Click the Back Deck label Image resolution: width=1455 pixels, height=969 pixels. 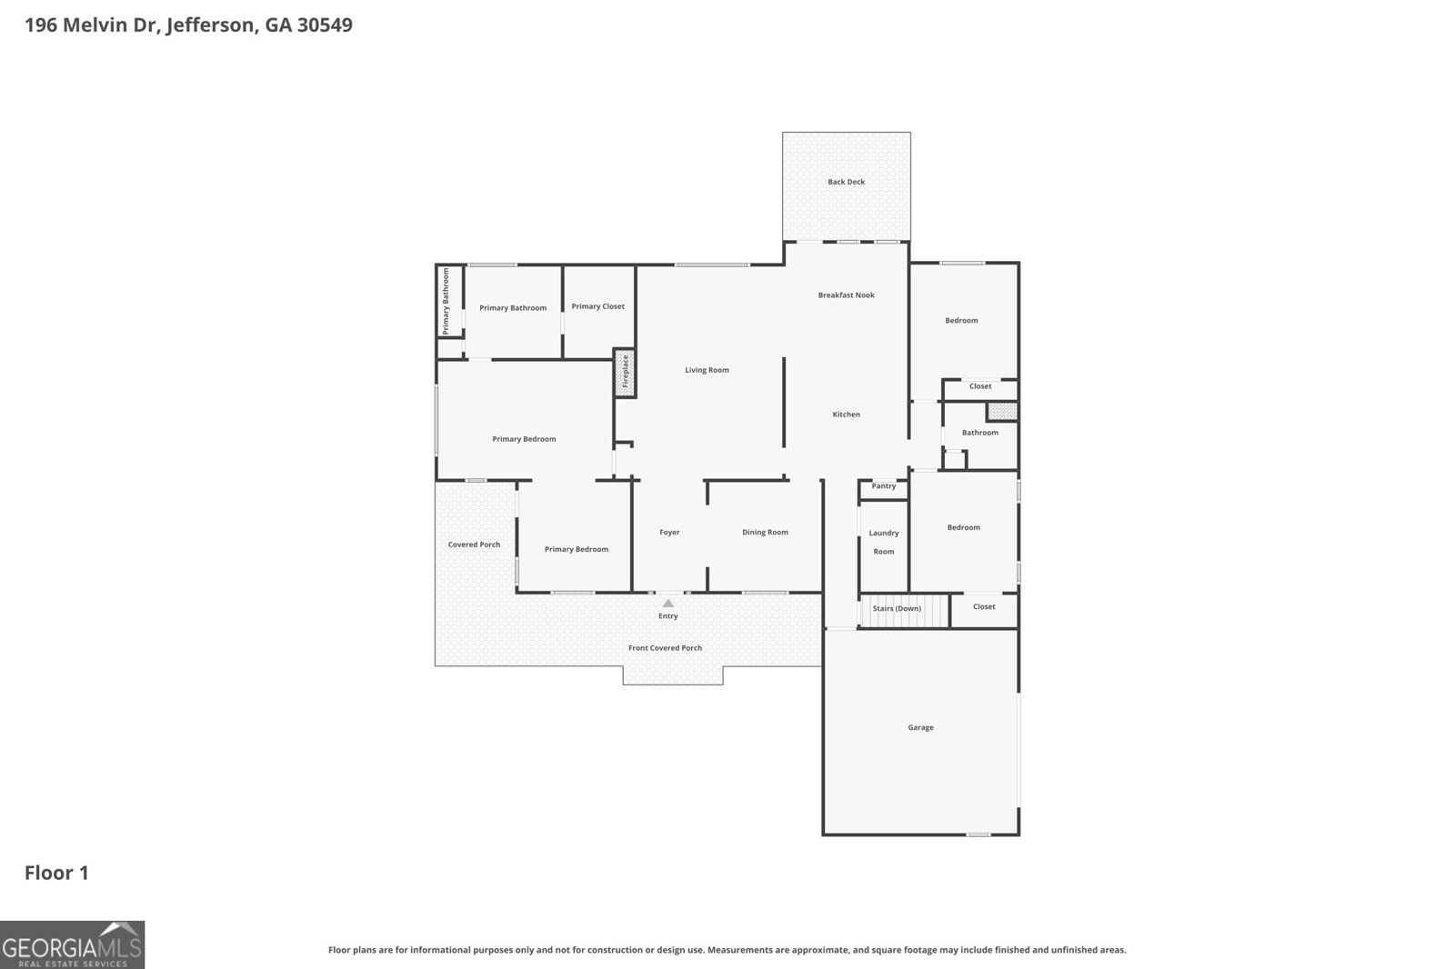coord(846,182)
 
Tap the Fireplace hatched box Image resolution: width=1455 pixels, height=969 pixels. coord(625,373)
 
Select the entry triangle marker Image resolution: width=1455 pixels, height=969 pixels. coord(668,603)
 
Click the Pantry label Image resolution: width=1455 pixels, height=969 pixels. coord(884,486)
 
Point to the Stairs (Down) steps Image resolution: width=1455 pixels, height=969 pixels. coord(896,609)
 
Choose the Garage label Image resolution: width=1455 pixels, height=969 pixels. coord(920,727)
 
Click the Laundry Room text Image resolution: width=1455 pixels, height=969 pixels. coord(884,542)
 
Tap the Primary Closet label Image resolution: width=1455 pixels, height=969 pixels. coord(598,306)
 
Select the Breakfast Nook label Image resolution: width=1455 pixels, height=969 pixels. coord(846,295)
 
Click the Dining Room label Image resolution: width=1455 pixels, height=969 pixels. coord(765,533)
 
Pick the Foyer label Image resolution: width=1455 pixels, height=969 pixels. coord(669,533)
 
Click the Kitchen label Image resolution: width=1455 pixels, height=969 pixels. coord(846,415)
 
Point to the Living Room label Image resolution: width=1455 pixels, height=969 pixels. coord(707,370)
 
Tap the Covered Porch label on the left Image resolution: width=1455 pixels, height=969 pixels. coord(474,544)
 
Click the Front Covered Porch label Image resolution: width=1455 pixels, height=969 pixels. coord(665,648)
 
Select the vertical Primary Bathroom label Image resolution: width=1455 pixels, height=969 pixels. coord(446,301)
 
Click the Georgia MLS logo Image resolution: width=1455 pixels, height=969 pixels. coord(72,944)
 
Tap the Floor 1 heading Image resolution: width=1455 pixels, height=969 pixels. coord(56,873)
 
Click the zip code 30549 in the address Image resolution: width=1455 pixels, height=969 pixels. coord(325,25)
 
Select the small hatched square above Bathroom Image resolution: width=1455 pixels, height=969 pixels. coord(1001,412)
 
